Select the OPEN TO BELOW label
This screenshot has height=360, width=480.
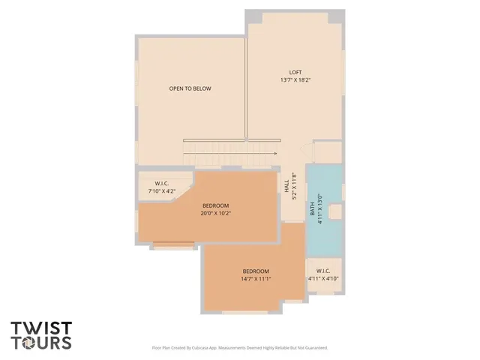(190, 88)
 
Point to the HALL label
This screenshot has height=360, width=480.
(286, 184)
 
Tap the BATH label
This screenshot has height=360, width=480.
(313, 210)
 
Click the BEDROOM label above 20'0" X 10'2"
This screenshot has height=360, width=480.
(215, 205)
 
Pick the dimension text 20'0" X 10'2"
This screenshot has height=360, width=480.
(215, 213)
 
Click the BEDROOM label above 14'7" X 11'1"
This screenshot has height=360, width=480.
(255, 271)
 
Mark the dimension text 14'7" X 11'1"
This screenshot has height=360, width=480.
(255, 279)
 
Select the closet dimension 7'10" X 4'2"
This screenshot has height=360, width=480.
(161, 191)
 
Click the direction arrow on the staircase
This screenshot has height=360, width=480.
(274, 153)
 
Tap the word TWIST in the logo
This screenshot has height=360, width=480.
(41, 328)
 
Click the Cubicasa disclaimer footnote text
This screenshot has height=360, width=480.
(240, 348)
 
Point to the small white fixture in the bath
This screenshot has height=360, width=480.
(335, 212)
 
